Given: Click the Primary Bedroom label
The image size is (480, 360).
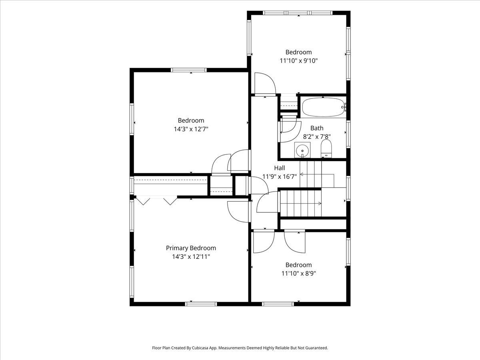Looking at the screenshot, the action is [x=191, y=248].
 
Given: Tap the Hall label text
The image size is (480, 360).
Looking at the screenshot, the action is [x=280, y=168].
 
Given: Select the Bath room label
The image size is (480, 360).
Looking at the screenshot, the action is [x=317, y=128].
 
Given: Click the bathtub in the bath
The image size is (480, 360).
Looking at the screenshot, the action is [x=323, y=107].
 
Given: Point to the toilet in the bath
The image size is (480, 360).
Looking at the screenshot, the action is [x=326, y=149].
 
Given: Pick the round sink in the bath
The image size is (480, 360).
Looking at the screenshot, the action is [x=302, y=150].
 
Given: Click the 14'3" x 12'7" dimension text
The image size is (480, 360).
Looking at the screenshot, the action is [x=191, y=129].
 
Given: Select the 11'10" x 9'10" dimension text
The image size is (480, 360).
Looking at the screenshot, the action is [x=298, y=60].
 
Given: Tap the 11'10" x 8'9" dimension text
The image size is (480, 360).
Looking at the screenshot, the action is [x=298, y=274].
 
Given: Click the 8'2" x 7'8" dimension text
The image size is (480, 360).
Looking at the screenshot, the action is [x=317, y=137].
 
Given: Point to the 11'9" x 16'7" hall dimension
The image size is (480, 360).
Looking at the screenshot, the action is [x=280, y=176].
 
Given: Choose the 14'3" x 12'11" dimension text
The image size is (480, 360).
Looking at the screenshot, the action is [x=191, y=257].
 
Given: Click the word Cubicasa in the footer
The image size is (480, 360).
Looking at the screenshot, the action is [x=200, y=348].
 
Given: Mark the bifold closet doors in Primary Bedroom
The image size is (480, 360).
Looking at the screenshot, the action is [x=156, y=201].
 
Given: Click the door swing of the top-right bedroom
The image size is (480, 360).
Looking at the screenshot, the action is [x=265, y=84].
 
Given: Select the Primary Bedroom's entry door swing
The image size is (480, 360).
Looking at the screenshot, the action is [x=238, y=212].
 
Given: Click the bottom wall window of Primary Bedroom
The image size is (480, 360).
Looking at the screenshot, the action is [x=201, y=304].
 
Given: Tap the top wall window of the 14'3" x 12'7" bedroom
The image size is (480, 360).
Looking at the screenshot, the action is [x=188, y=70].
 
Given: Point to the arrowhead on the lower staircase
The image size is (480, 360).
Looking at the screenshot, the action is [x=320, y=204].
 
